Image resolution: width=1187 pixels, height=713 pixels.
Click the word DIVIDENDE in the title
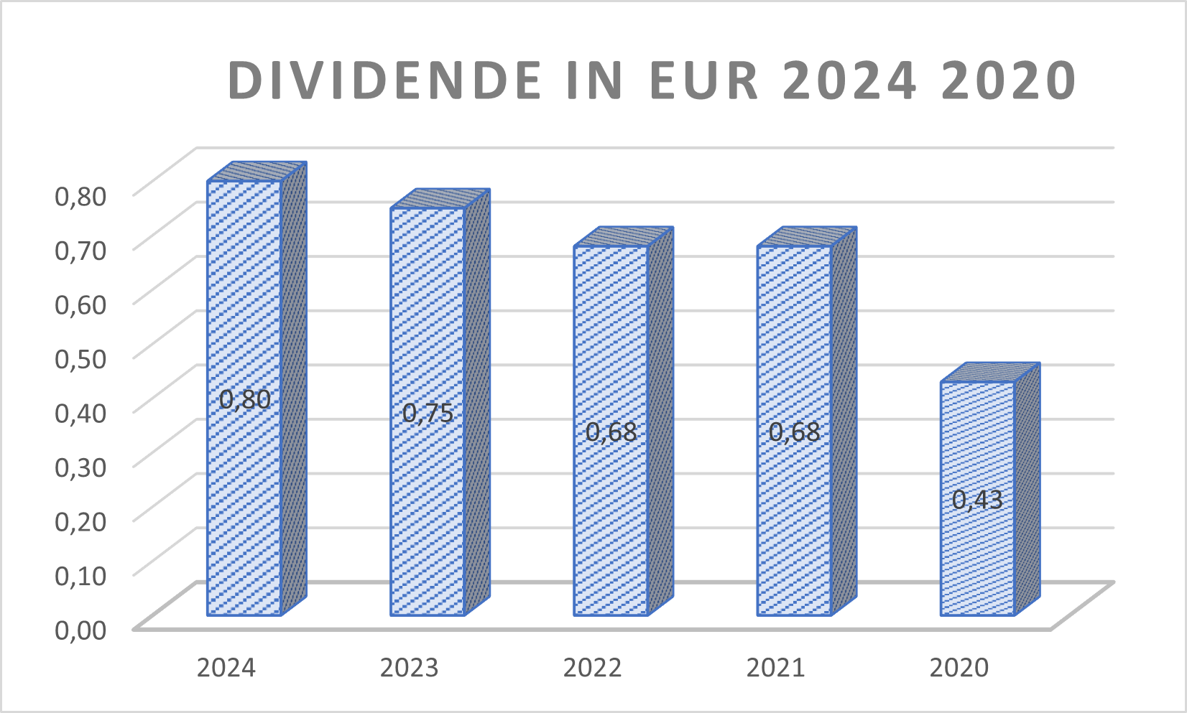tap(385, 80)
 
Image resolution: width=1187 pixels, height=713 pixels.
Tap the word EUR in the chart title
tap(704, 80)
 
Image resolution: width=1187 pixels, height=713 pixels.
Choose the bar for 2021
tap(794, 345)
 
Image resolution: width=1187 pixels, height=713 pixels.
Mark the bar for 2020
tap(977, 445)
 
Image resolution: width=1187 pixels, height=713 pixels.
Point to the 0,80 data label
tap(245, 399)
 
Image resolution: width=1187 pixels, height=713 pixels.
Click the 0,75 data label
tap(428, 413)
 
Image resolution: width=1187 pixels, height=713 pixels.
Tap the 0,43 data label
tap(977, 499)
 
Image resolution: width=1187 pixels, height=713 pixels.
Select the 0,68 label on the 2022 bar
tap(611, 432)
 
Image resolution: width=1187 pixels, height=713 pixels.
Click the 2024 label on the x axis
tap(226, 668)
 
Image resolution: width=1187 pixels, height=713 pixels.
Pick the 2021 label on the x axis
tap(775, 668)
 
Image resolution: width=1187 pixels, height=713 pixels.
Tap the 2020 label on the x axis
tap(959, 668)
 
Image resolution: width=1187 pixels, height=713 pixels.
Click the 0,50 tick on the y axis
tap(80, 358)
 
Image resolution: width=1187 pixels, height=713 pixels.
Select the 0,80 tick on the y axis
tap(80, 195)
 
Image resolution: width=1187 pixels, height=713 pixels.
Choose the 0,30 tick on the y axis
tap(80, 467)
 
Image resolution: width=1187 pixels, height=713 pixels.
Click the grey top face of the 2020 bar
tap(991, 373)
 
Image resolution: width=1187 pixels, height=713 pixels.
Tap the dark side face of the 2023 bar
tap(477, 402)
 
